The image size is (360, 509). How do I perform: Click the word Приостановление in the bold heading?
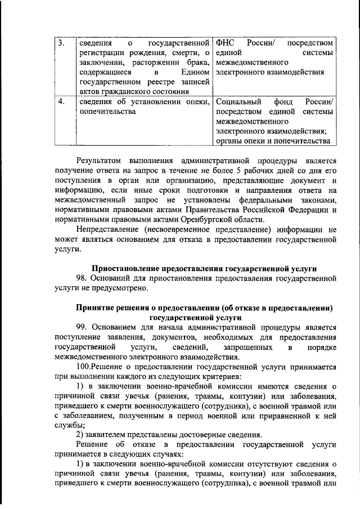[x=128, y=268]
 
